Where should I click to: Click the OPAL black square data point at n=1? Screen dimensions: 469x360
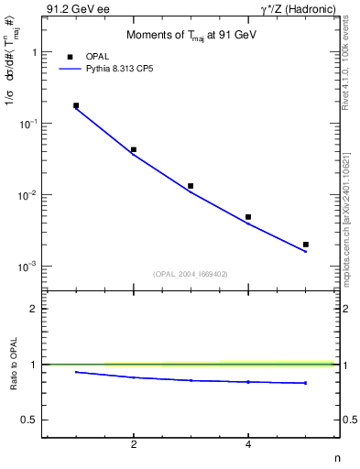point(76,105)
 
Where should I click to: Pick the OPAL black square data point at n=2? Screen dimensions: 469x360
point(134,149)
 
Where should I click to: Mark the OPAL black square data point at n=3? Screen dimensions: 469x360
point(191,186)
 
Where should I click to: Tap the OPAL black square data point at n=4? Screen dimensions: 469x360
point(248,217)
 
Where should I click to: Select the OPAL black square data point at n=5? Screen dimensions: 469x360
point(306,245)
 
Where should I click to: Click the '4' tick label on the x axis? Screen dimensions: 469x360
point(248,444)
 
